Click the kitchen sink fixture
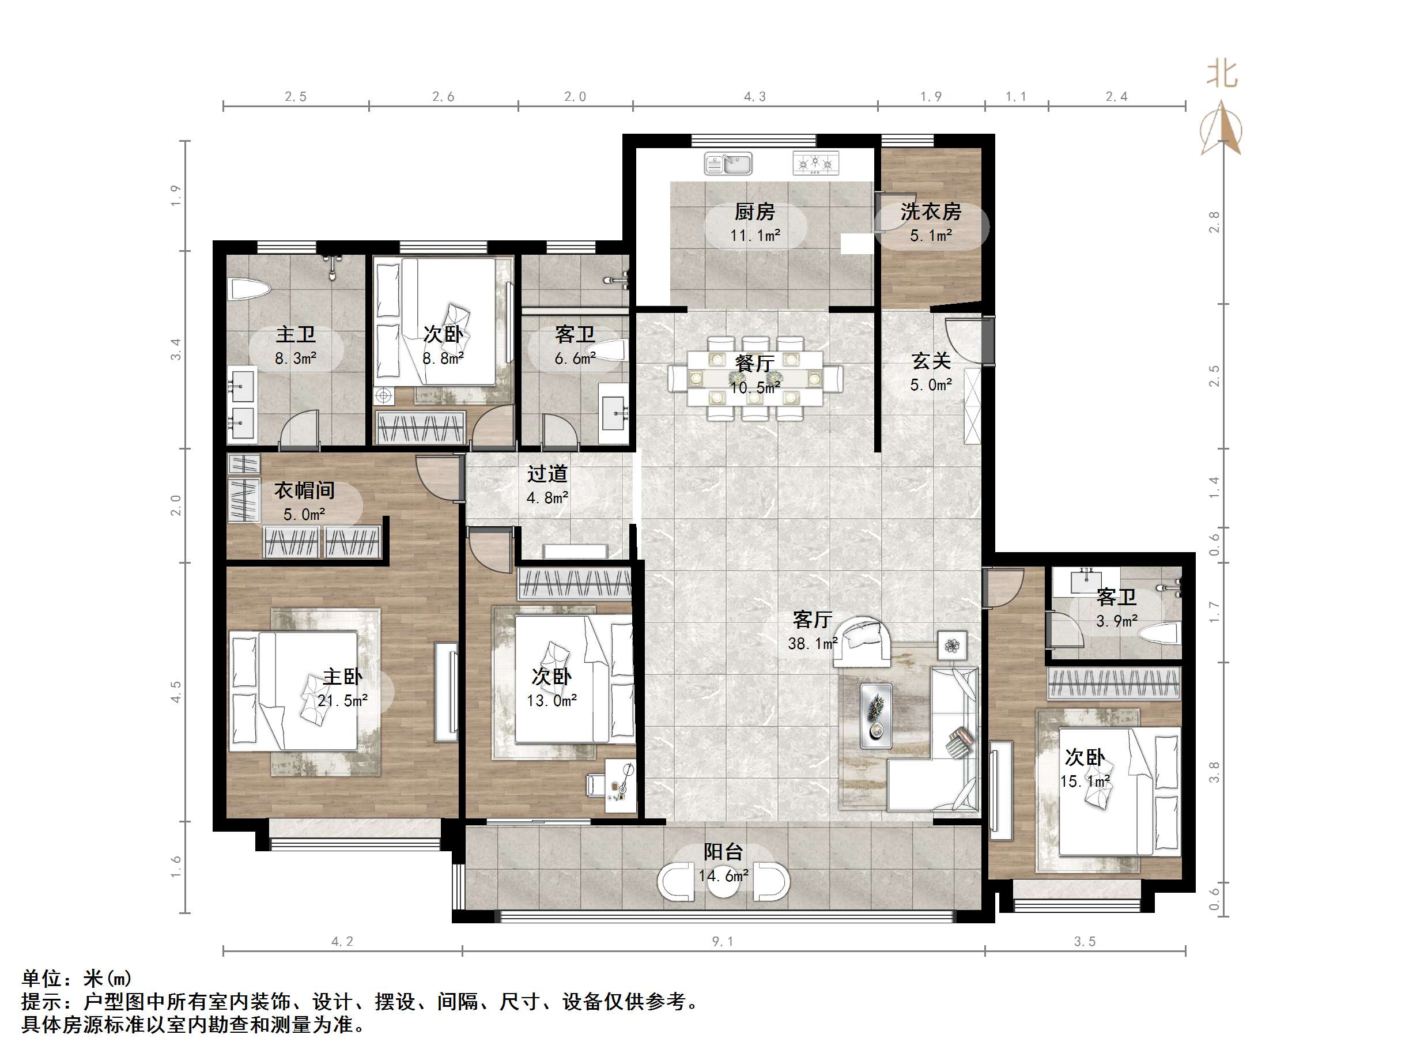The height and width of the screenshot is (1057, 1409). click(x=727, y=164)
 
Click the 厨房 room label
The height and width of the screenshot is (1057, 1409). click(x=755, y=211)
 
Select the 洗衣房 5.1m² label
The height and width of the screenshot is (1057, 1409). click(x=931, y=223)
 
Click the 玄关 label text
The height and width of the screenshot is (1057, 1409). click(x=931, y=361)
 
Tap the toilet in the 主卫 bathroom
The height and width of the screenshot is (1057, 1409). click(x=249, y=289)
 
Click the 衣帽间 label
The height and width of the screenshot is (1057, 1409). click(x=304, y=490)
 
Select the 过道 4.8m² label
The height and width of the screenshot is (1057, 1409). click(x=547, y=485)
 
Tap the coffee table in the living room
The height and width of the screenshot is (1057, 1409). click(x=876, y=715)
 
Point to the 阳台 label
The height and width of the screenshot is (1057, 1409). click(x=723, y=851)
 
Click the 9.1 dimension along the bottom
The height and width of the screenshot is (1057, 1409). click(x=722, y=942)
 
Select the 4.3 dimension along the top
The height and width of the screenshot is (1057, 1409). click(x=755, y=97)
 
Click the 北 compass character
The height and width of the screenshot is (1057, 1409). click(x=1221, y=74)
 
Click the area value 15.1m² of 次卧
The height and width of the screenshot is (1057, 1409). click(x=1085, y=781)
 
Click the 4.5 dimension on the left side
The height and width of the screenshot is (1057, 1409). click(x=176, y=692)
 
